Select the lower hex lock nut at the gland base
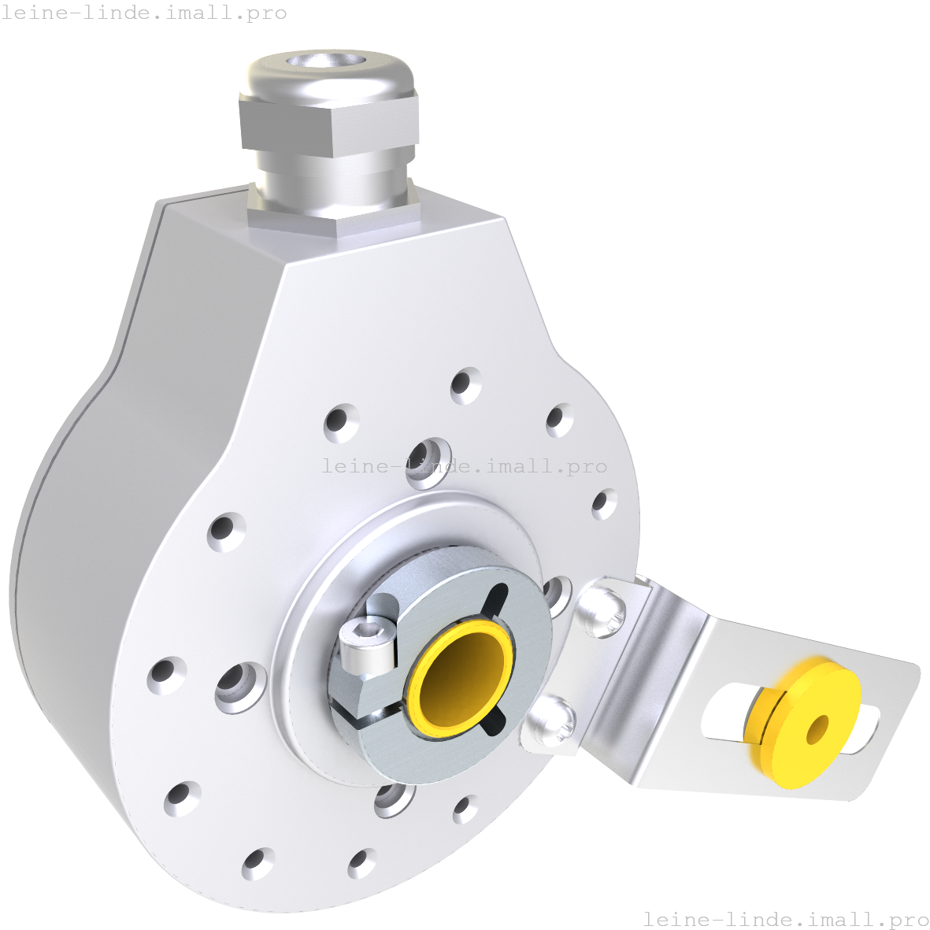tap(331, 214)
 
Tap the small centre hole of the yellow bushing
tap(817, 729)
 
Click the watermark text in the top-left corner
tap(144, 13)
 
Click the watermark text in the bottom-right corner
tap(786, 919)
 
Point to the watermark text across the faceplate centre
tap(465, 466)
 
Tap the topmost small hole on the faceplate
tap(465, 385)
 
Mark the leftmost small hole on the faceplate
tap(165, 675)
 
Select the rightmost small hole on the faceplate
tap(604, 503)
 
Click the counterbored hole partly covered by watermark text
tap(429, 457)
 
